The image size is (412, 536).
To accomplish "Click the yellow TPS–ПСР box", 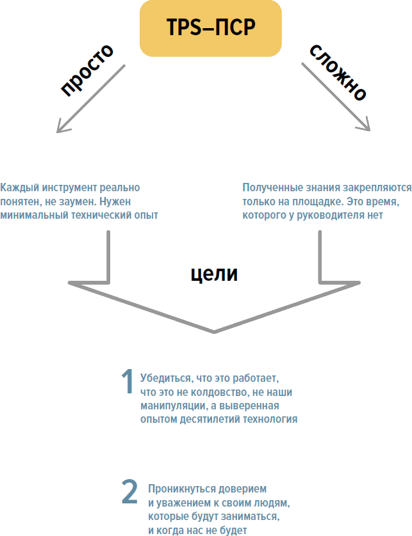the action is [211, 28].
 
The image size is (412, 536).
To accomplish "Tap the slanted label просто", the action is [87, 70].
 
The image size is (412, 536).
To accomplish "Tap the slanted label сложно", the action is [338, 72].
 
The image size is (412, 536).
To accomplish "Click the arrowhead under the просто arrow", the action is [62, 127].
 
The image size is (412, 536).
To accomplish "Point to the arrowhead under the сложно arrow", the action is [365, 125].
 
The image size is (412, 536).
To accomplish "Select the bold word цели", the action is [214, 274].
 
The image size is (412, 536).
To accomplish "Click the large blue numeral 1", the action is [128, 381].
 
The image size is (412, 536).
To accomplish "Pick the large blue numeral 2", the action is [129, 492].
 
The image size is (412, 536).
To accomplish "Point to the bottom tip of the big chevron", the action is [214, 331].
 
